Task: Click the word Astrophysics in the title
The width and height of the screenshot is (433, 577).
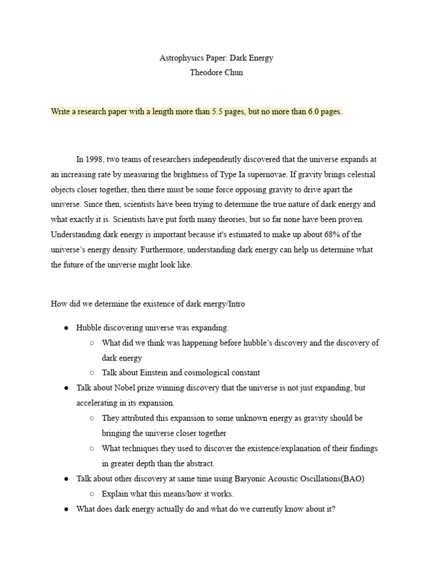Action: click(179, 58)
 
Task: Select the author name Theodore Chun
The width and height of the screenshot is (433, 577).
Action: click(216, 73)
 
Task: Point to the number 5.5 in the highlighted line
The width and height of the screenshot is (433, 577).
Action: click(218, 112)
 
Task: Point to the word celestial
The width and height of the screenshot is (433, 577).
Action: click(359, 175)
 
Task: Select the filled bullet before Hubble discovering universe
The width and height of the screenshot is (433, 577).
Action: click(65, 327)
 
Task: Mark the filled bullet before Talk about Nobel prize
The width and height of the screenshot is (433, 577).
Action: click(65, 388)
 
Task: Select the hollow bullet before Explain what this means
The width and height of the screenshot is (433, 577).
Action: click(92, 494)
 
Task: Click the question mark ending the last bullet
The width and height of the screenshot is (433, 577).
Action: click(334, 509)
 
